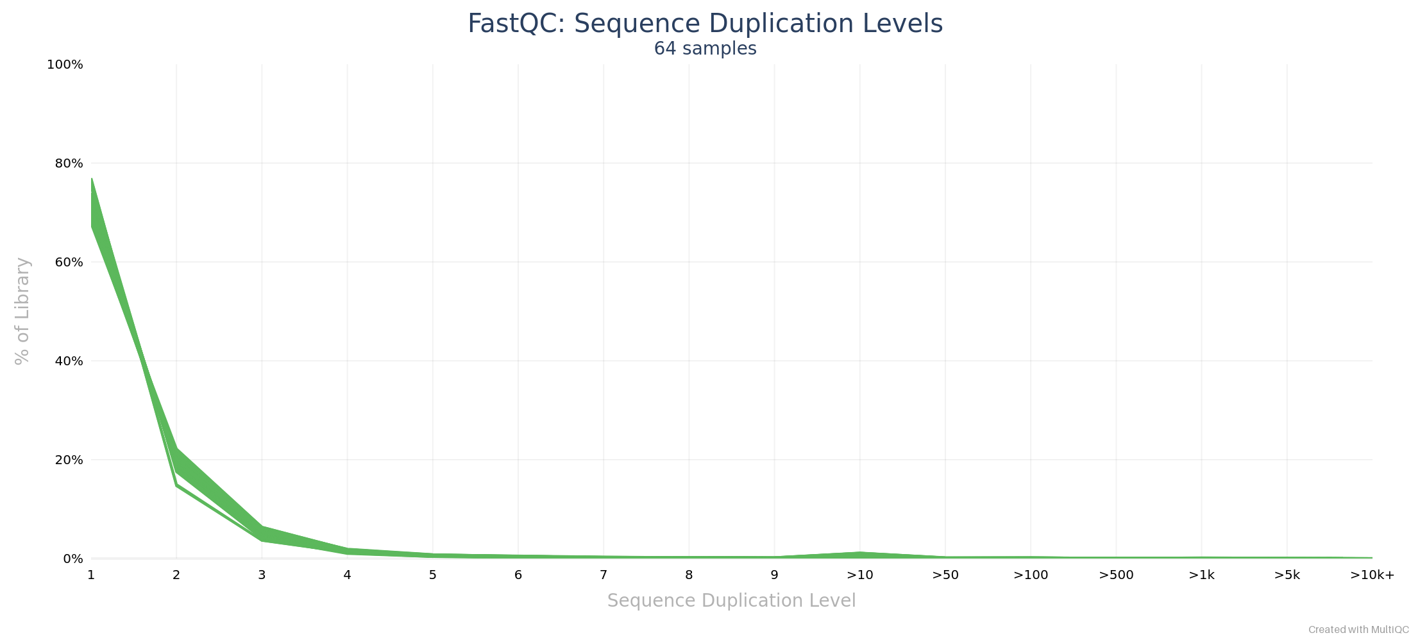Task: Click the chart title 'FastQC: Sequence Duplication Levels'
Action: pos(705,24)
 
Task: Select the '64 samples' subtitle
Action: pos(705,49)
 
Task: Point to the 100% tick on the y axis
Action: pos(65,65)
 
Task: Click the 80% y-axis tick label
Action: pos(69,164)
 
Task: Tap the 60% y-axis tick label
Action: pos(69,263)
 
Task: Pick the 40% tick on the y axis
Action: pos(69,361)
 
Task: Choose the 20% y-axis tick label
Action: pos(69,460)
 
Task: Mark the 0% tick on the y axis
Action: pos(72,559)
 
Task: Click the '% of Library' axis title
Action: pos(22,311)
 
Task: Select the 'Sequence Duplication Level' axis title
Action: pos(731,601)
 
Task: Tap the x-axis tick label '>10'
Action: pos(860,575)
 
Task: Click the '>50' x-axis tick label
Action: pos(945,575)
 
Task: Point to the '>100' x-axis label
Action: pos(1031,575)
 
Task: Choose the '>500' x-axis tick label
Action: pos(1116,575)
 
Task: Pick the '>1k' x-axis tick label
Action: pos(1201,575)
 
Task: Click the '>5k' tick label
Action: pos(1287,575)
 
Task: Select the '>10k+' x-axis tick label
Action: pos(1372,575)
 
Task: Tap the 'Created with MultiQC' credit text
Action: pos(1358,630)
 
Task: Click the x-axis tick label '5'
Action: pos(433,575)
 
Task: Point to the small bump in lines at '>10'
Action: pos(860,554)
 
